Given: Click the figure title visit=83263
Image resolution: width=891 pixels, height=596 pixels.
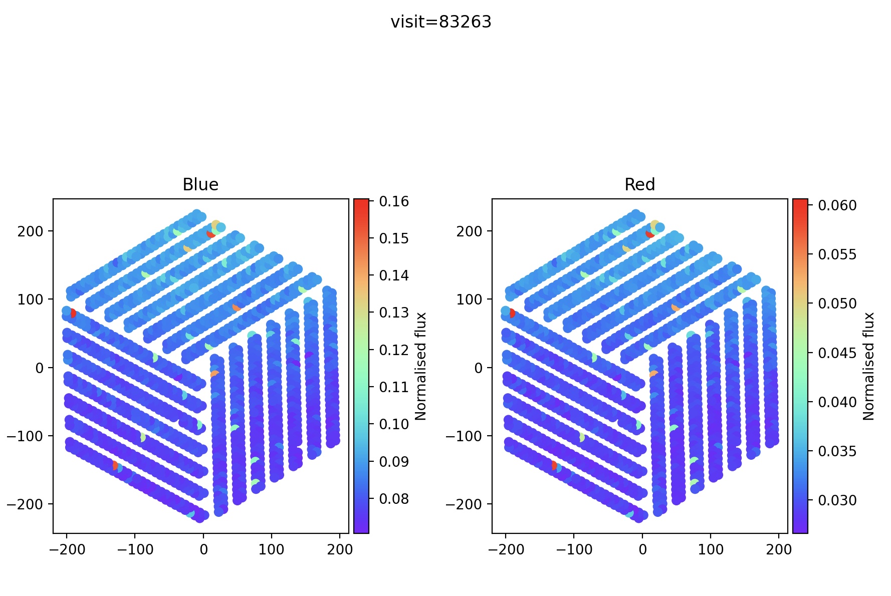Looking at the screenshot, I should click(x=441, y=22).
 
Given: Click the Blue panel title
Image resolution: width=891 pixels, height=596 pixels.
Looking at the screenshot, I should click(x=200, y=185).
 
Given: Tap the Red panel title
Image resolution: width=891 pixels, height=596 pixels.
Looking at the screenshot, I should click(x=639, y=185).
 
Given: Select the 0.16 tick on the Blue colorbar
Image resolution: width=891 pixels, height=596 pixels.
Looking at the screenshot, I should click(x=394, y=201).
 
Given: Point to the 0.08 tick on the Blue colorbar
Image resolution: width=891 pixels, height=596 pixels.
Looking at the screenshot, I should click(x=394, y=499).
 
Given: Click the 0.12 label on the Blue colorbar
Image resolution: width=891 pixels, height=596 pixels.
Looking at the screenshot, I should click(x=394, y=350).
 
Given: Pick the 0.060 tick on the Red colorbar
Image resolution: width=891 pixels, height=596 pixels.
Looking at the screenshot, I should click(x=837, y=205).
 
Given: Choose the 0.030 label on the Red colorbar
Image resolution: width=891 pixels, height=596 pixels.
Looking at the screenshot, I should click(x=837, y=500).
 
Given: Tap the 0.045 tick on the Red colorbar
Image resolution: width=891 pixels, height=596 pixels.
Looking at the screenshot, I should click(x=837, y=353).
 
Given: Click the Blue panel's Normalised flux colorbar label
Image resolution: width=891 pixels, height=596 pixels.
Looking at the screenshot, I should click(x=421, y=366).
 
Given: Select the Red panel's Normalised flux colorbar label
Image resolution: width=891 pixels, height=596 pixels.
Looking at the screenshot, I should click(x=869, y=366).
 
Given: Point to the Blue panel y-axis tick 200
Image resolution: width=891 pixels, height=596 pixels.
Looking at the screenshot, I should click(x=31, y=231).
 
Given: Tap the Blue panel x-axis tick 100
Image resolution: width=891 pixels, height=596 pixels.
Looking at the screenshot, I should click(x=271, y=549).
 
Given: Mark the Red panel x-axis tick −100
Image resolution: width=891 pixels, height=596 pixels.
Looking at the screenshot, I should click(x=574, y=549).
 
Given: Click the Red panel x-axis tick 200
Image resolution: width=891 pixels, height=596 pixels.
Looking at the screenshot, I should click(x=779, y=549).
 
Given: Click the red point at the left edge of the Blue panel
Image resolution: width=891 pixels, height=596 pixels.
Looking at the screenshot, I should click(x=73, y=314).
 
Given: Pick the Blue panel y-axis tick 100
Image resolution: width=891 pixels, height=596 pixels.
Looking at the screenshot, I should click(x=31, y=300).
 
